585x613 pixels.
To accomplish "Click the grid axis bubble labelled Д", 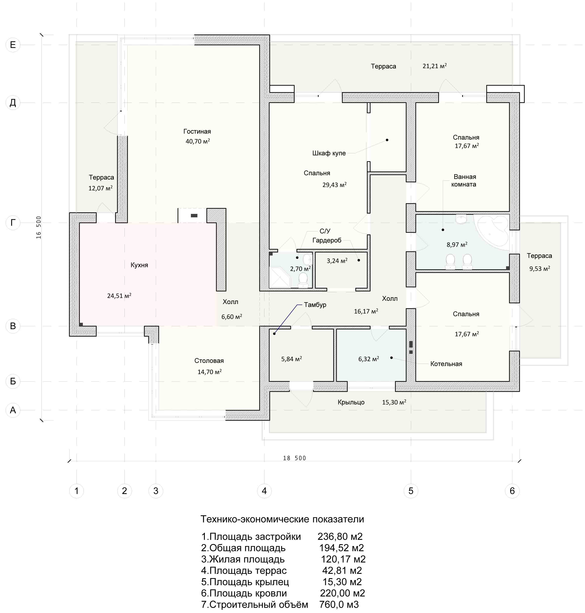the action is pos(13,103).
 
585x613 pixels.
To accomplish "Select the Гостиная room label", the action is pos(197,131).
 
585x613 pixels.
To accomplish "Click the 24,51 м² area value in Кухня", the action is pos(119,296).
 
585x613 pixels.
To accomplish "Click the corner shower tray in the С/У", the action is pos(280,277).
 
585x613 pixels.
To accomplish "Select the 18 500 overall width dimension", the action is pos(294,458).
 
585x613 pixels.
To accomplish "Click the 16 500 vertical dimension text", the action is pos(39,227).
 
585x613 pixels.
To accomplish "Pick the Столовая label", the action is pos(209,361).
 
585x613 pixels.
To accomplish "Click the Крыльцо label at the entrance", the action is pos(351,402).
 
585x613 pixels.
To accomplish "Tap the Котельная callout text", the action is pos(446,364).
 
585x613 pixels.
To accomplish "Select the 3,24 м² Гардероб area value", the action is pos(337,261).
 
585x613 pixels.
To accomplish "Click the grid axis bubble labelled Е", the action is pos(13,45).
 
